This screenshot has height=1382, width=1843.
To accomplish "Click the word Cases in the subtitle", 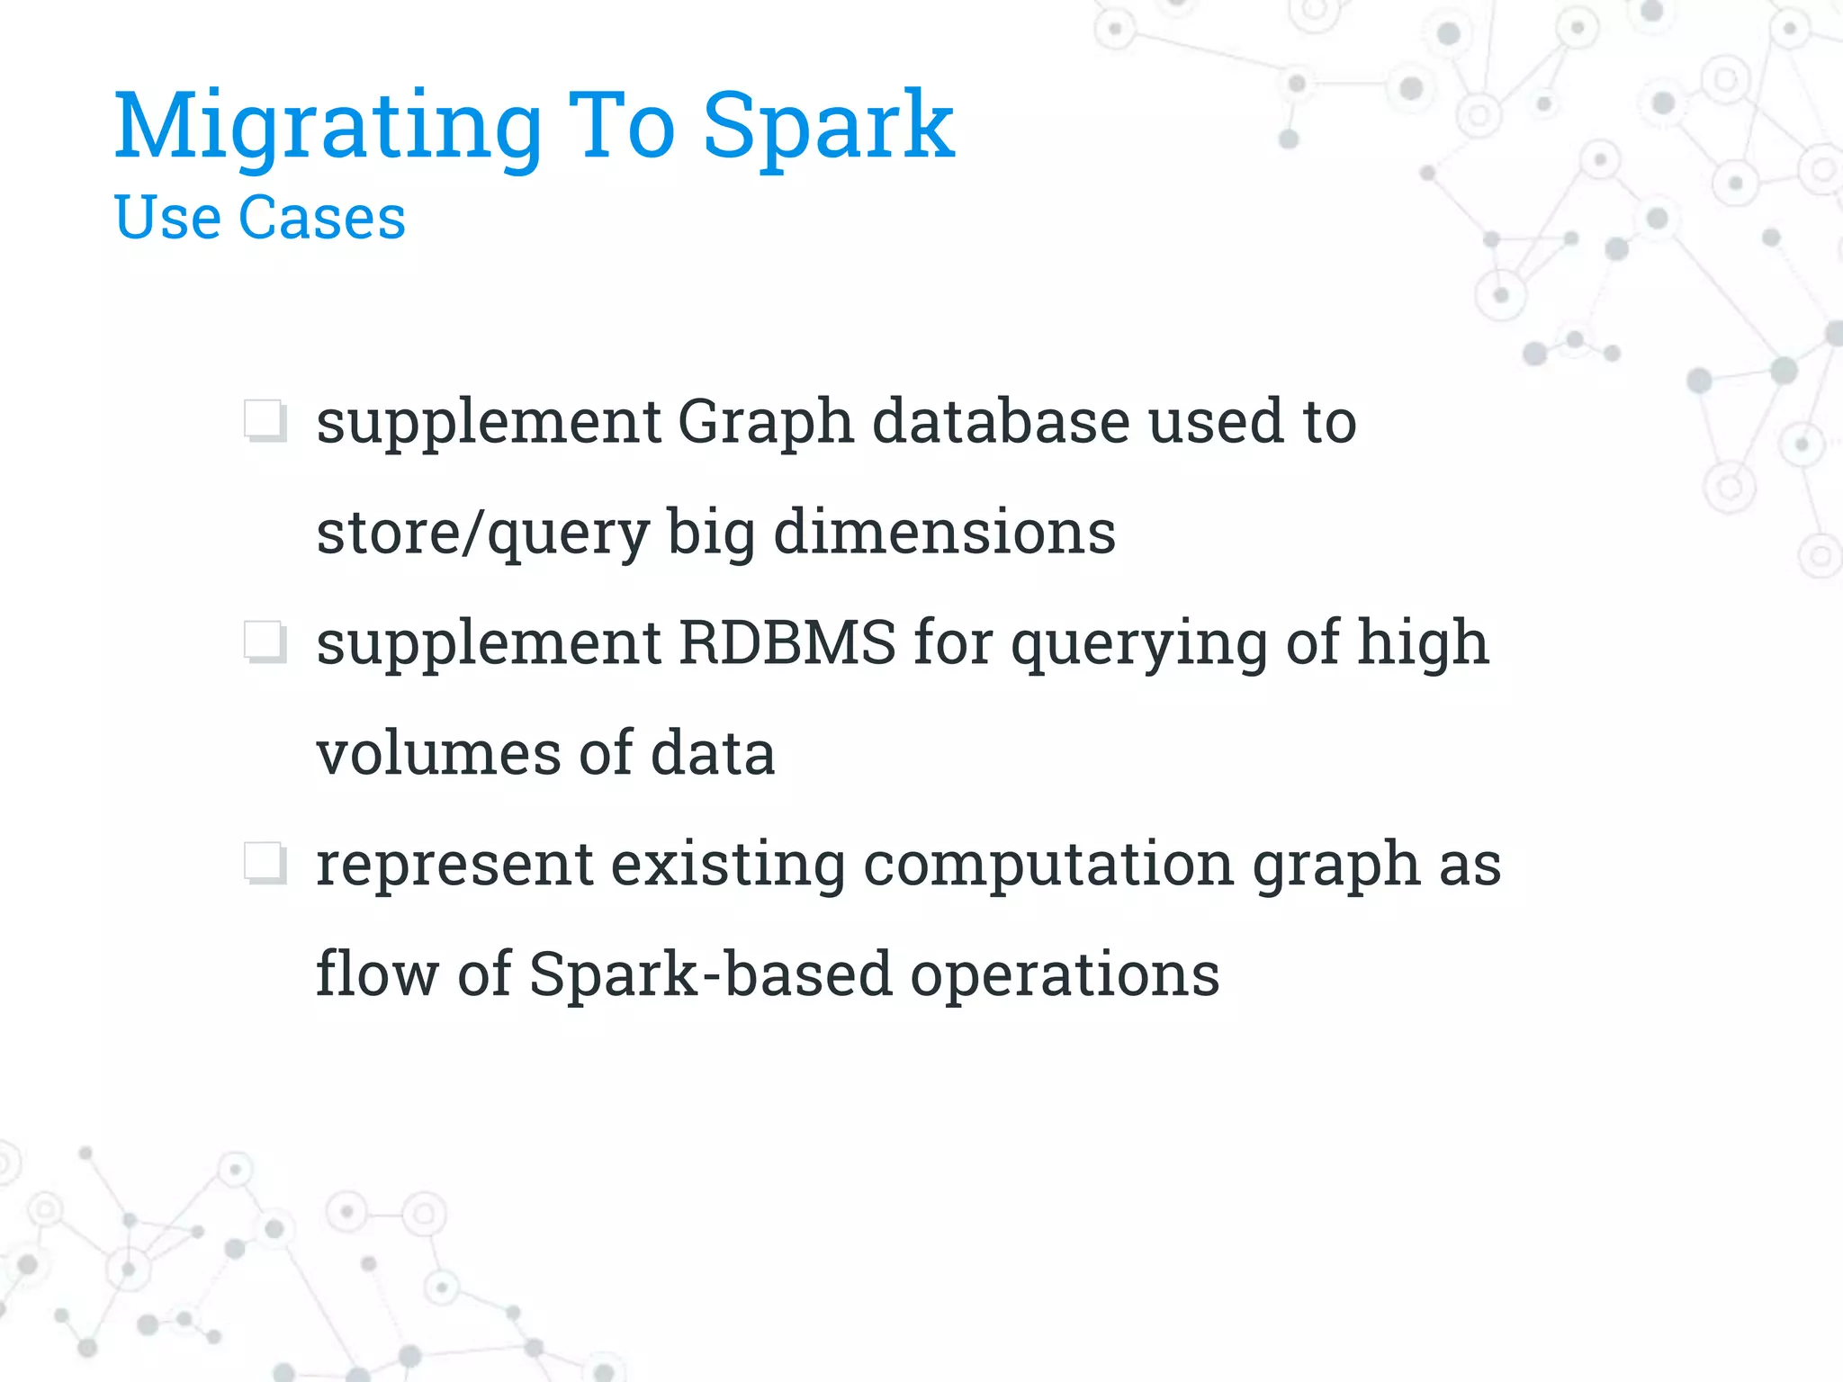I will [x=322, y=218].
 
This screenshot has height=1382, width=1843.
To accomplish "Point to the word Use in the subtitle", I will [x=167, y=218].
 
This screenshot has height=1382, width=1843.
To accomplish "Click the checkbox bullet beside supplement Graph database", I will [x=265, y=420].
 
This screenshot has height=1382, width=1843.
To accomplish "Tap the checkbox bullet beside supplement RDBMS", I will [x=265, y=642].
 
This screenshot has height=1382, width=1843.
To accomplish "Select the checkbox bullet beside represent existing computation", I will [x=265, y=863].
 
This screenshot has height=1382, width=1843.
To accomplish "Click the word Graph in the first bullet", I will [x=765, y=423].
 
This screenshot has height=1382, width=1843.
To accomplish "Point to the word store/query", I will [x=483, y=534].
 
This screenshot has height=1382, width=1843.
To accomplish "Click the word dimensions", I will [x=945, y=532].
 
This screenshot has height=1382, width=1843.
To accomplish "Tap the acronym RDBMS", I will [x=787, y=642].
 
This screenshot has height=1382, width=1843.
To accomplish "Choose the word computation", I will [x=1048, y=866].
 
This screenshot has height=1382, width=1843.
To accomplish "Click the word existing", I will [x=728, y=865].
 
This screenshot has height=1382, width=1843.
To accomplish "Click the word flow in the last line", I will [x=376, y=974].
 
